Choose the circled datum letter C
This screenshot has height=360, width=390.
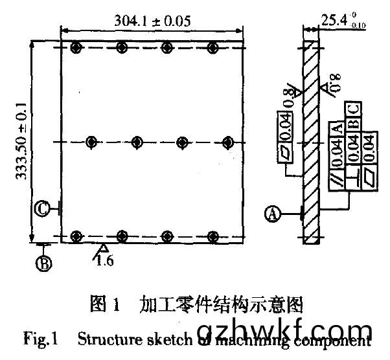click(42, 208)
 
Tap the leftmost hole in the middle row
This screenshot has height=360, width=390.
click(91, 142)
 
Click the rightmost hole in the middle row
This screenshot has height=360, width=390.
click(227, 142)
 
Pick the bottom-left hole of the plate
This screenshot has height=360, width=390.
click(77, 236)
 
